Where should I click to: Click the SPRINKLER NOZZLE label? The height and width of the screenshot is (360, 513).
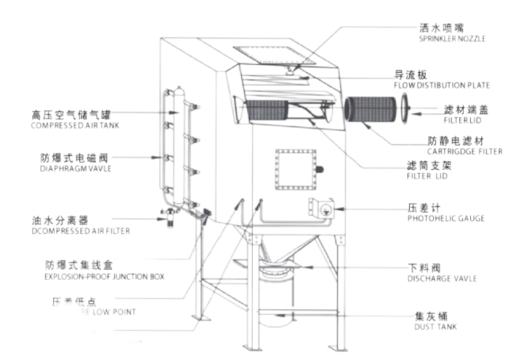[452, 38]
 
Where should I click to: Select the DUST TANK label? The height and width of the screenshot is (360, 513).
[435, 327]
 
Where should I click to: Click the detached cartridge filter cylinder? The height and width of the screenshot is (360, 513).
[369, 109]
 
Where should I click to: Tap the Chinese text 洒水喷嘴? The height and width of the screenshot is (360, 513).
[441, 28]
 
